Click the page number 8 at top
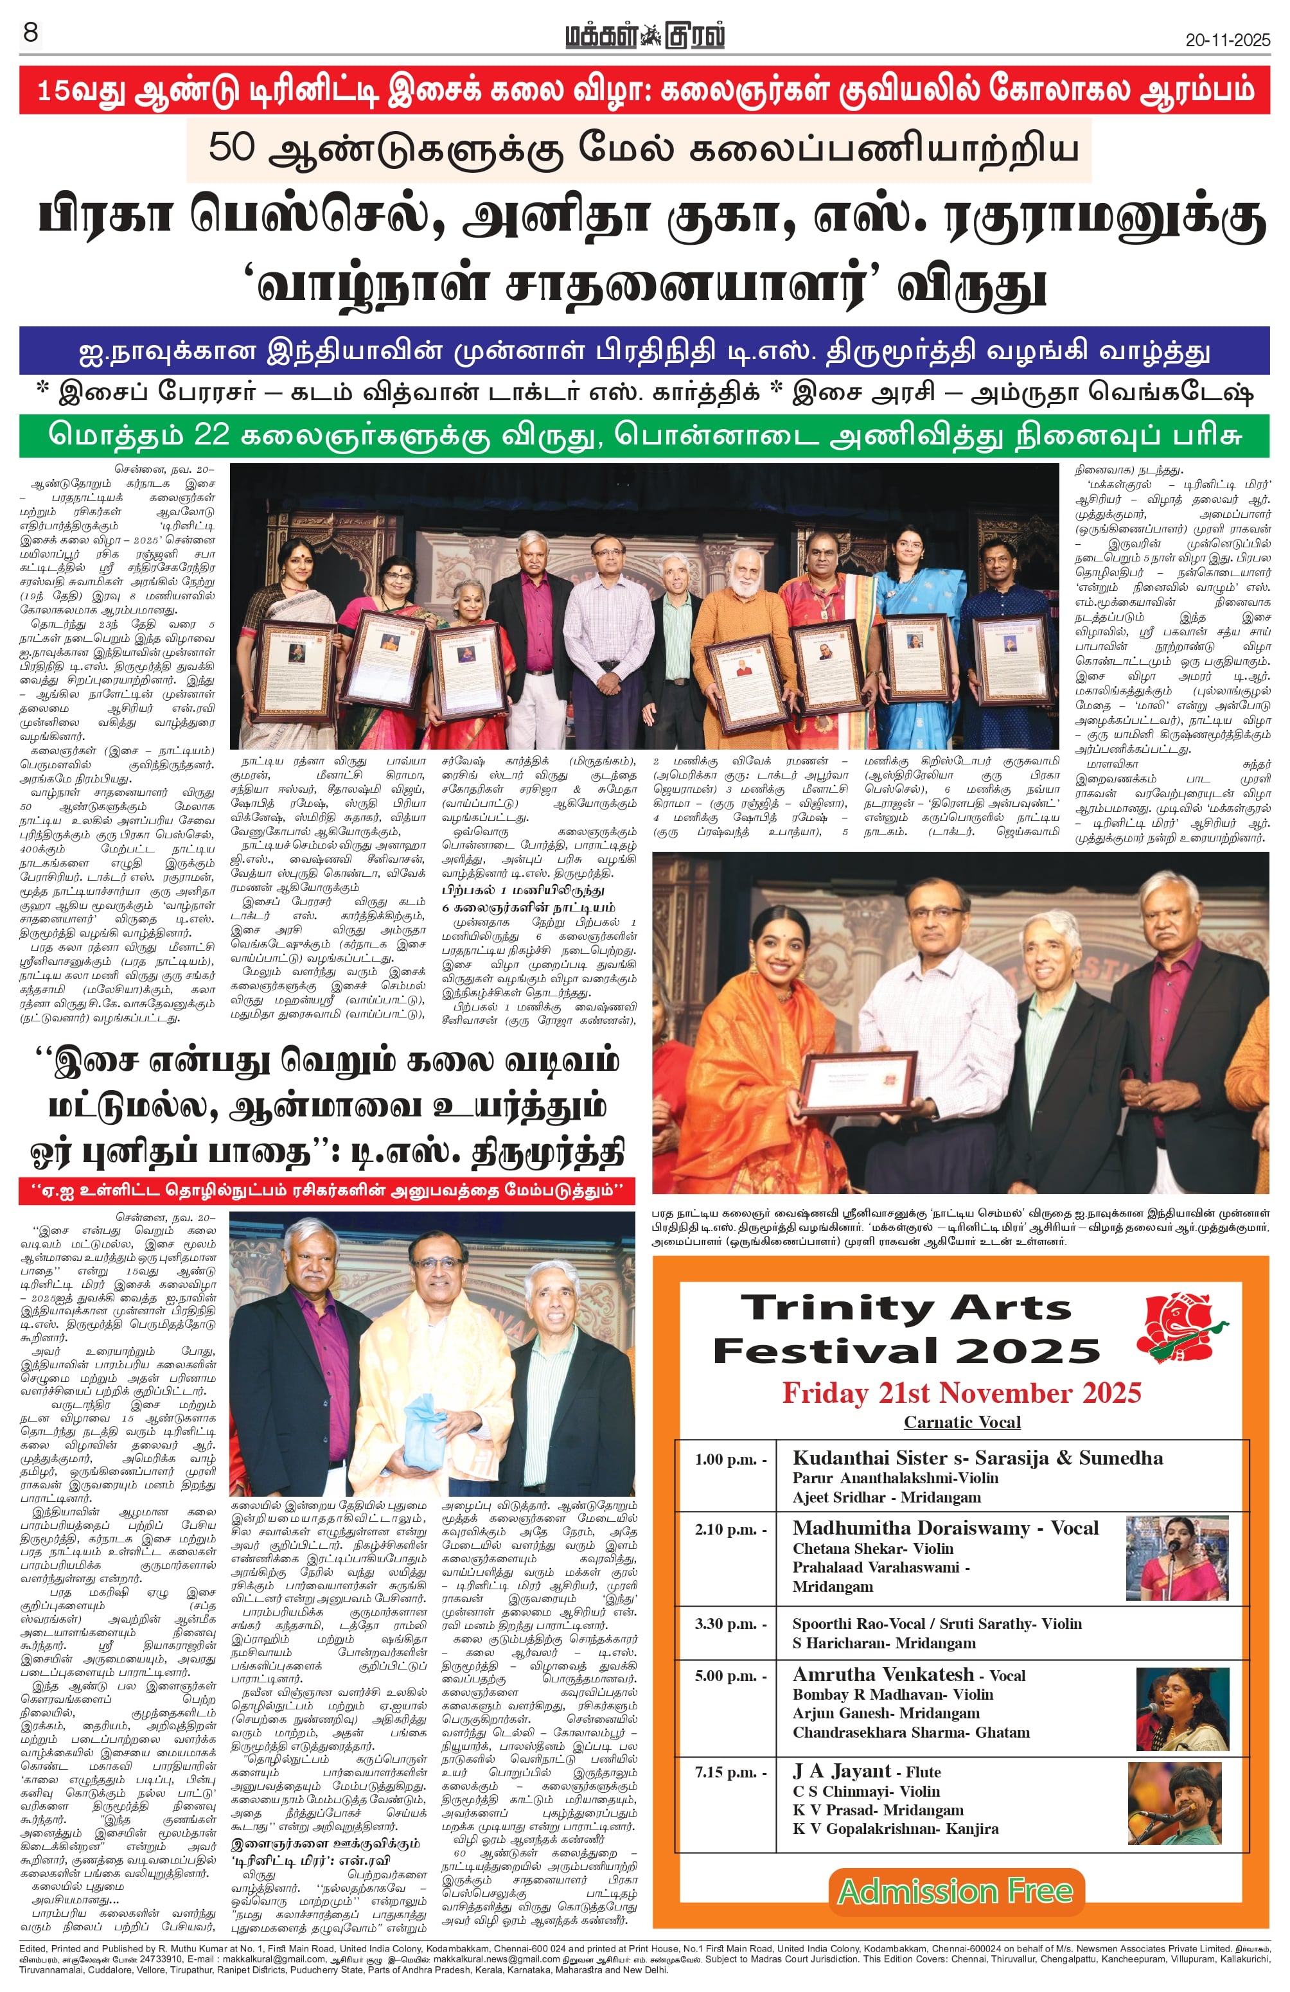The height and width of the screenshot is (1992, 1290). coord(31,33)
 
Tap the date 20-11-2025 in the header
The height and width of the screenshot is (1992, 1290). coord(1227,39)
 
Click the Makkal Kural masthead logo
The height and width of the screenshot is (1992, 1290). coord(644,37)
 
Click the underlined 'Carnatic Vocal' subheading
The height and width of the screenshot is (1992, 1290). coord(962,1422)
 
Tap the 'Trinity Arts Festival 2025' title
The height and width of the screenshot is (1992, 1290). coord(905,1329)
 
